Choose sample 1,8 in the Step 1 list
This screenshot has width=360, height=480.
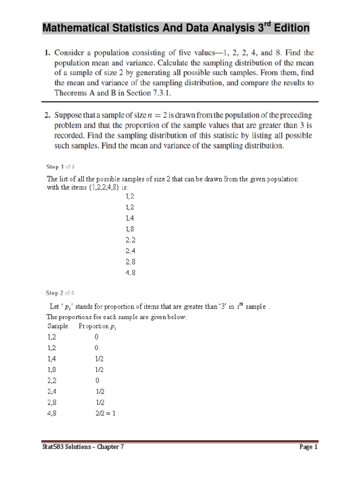point(130,229)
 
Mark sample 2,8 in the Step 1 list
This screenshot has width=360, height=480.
point(130,261)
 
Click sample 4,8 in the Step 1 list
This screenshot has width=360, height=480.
point(130,272)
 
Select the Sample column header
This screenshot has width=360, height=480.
point(58,326)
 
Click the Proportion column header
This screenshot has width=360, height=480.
point(96,326)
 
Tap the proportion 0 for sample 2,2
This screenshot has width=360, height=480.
point(97,380)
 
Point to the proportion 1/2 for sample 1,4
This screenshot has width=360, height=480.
point(99,359)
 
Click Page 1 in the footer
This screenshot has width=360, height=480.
point(308,447)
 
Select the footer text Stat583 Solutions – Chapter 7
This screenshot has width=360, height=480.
point(83,447)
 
